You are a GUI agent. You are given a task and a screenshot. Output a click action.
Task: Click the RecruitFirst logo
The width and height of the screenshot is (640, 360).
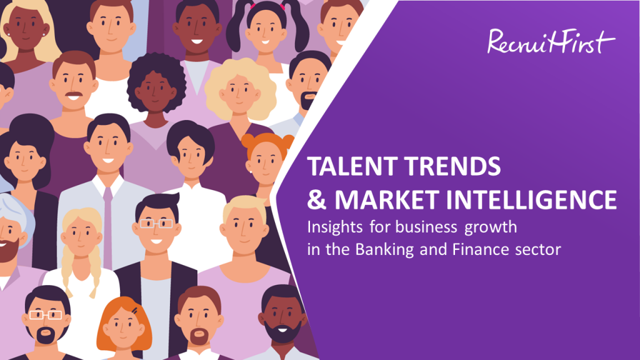pyautogui.click(x=551, y=41)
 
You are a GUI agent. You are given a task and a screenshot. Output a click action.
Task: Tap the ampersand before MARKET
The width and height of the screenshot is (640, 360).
pyautogui.click(x=317, y=199)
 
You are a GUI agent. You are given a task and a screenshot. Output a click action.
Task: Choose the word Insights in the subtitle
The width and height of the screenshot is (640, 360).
pyautogui.click(x=335, y=227)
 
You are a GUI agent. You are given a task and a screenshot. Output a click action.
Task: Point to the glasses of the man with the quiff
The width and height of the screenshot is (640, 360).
pyautogui.click(x=157, y=224)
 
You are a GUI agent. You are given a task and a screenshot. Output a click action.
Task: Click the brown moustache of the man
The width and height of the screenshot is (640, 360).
pyautogui.click(x=74, y=95)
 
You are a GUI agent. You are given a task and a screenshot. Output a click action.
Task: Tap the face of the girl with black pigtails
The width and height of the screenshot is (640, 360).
pyautogui.click(x=266, y=31)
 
